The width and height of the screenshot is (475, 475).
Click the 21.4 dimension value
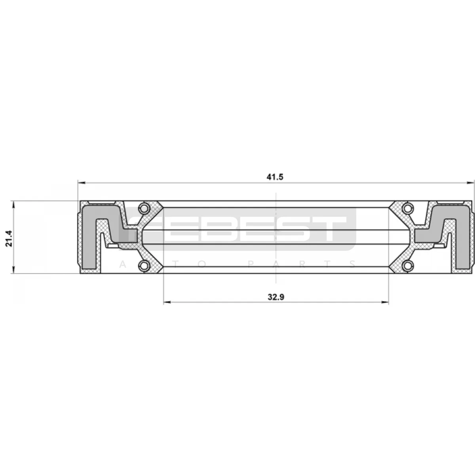9,238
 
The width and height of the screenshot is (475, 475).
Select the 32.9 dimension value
276,297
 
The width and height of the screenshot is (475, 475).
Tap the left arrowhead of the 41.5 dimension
82,183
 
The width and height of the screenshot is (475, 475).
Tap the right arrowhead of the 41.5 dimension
470,183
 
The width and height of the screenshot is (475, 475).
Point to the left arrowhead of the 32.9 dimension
167,302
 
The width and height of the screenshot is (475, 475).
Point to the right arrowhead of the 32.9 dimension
385,302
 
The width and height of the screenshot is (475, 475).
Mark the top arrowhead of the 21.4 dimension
13,205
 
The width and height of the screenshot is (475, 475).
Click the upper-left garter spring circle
144,208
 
